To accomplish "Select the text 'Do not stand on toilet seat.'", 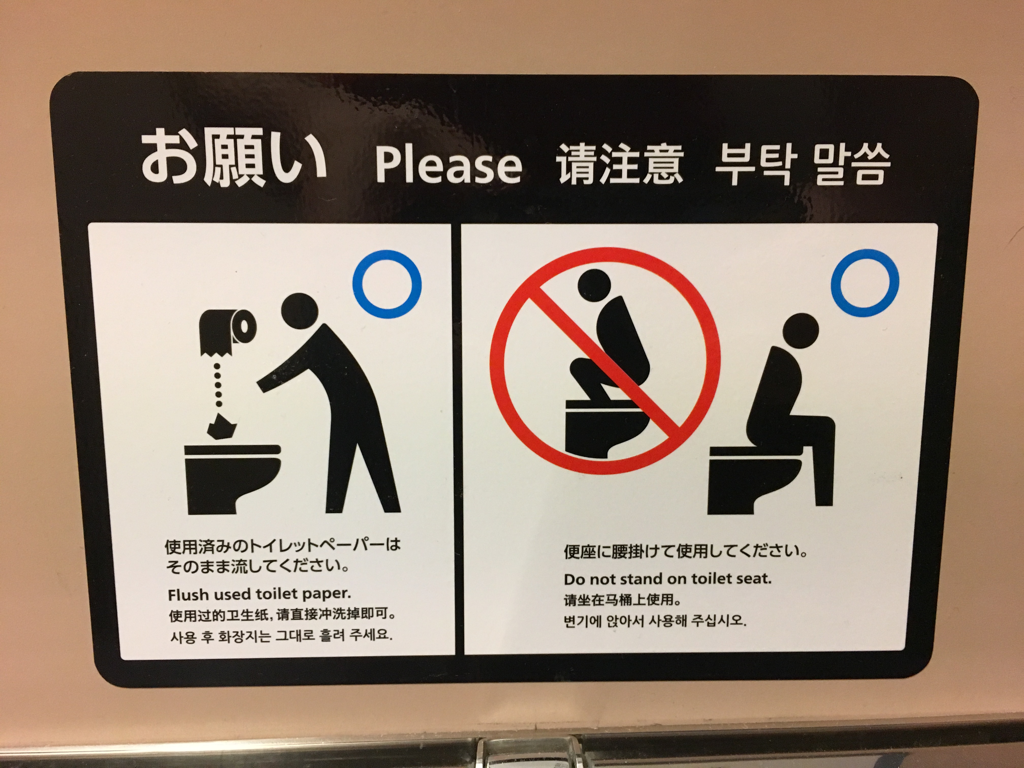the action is coord(667,579).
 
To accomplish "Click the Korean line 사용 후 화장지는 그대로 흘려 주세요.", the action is coord(281,636).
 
